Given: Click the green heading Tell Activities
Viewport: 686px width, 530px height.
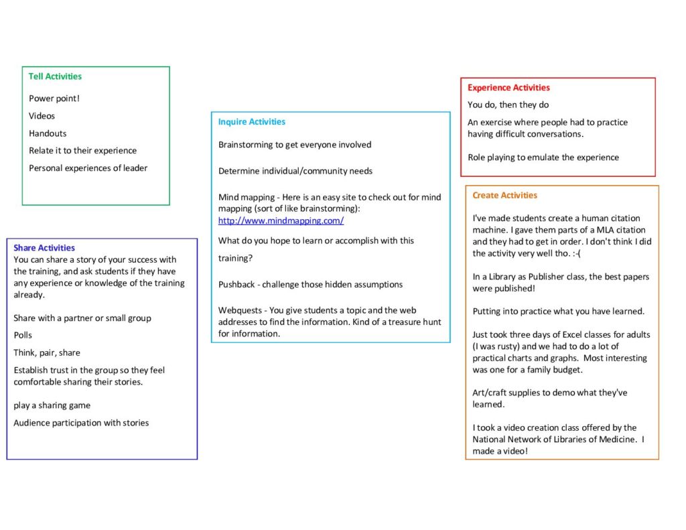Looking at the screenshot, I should click(55, 76).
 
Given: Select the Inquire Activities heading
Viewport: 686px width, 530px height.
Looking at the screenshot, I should click(251, 122).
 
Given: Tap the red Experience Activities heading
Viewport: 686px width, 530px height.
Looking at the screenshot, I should click(508, 88).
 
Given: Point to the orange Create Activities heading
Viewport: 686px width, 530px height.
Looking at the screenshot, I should click(504, 196).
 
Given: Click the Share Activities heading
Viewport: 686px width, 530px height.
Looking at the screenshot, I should click(44, 248).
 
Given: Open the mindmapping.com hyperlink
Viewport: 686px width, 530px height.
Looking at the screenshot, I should click(281, 220).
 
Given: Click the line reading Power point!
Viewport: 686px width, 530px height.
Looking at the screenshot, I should click(54, 98).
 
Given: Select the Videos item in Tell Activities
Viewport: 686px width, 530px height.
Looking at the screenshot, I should click(42, 116).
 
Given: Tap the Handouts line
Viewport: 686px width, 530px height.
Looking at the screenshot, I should click(48, 133).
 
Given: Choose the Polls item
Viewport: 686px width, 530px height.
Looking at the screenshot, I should click(23, 335).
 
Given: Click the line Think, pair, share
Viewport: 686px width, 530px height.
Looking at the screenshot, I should click(47, 352).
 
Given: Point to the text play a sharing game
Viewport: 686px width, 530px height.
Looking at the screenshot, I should click(52, 405).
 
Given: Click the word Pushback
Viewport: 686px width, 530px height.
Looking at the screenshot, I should click(236, 284).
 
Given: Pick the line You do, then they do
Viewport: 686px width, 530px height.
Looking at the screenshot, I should click(508, 105).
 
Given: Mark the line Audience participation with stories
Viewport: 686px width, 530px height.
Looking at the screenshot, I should click(81, 423).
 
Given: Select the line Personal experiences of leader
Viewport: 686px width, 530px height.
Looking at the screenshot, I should click(88, 168).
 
